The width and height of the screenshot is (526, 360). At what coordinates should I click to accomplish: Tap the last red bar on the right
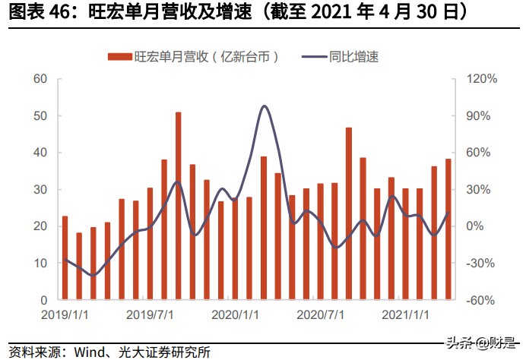(x=448, y=229)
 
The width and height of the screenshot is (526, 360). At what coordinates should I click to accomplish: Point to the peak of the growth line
(x=265, y=106)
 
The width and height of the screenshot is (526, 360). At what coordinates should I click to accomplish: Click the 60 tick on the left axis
(x=40, y=79)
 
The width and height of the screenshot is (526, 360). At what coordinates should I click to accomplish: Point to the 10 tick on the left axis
(x=40, y=263)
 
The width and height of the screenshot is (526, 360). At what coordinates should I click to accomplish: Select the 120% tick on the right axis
(x=481, y=79)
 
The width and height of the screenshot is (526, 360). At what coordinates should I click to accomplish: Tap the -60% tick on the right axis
(x=481, y=300)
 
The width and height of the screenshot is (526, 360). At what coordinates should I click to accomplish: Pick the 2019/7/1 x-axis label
(x=150, y=314)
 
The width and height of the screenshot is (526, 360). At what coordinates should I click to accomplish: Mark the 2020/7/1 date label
(x=320, y=314)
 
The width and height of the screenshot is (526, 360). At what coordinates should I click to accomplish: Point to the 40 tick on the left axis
(x=40, y=153)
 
